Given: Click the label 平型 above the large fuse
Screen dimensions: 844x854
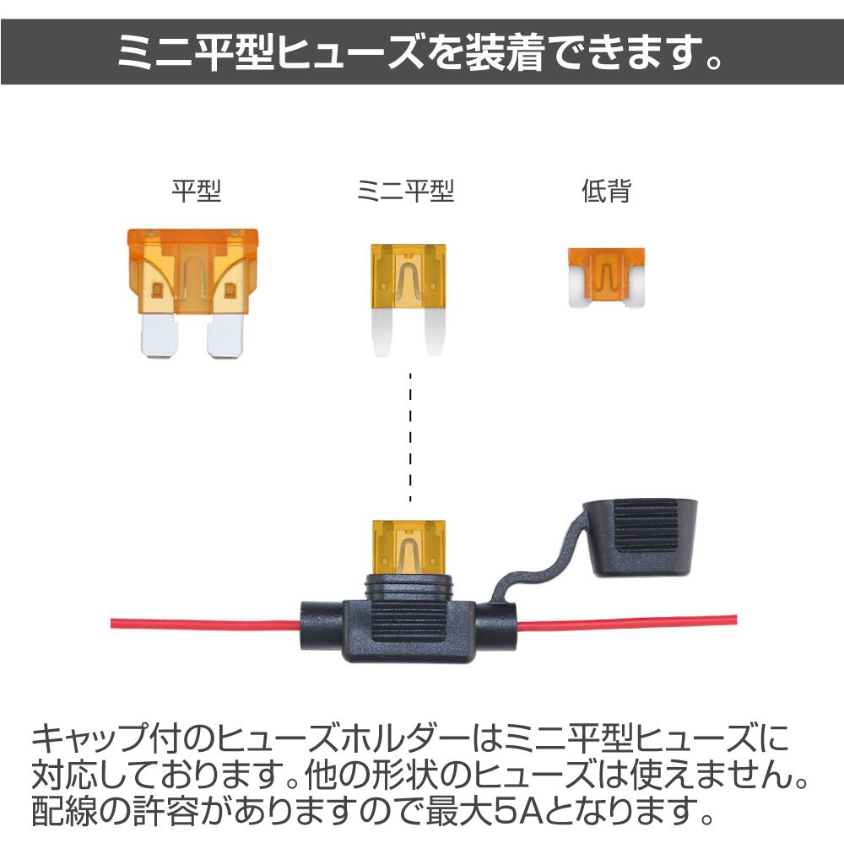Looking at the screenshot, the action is pyautogui.click(x=196, y=191).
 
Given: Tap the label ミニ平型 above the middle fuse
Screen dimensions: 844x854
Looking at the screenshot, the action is pyautogui.click(x=405, y=191).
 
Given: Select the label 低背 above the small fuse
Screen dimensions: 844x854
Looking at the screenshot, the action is pyautogui.click(x=606, y=191).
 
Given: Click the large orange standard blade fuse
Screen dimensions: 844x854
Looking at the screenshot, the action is pyautogui.click(x=192, y=293).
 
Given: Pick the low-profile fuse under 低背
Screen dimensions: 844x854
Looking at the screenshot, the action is pyautogui.click(x=607, y=278).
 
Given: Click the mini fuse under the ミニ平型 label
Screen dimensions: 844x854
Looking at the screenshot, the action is pyautogui.click(x=408, y=299).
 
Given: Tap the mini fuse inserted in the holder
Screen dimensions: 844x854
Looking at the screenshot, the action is pyautogui.click(x=408, y=547).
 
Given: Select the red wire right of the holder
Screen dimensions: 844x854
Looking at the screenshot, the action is pyautogui.click(x=626, y=622).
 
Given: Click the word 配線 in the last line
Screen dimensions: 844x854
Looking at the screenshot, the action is pyautogui.click(x=64, y=811).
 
